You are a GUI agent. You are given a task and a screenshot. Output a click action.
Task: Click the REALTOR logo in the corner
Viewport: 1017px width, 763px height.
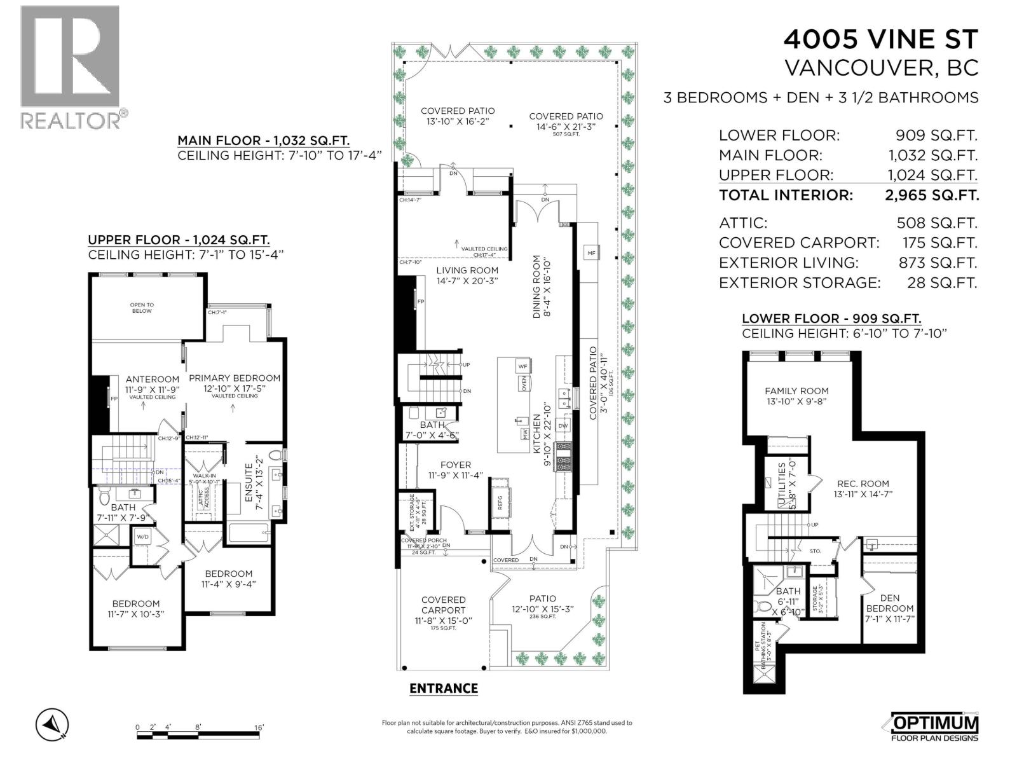click(70, 67)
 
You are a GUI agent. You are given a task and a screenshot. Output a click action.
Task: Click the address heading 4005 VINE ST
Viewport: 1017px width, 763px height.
click(880, 39)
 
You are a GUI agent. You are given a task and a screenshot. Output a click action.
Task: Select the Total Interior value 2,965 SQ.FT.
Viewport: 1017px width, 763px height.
click(931, 195)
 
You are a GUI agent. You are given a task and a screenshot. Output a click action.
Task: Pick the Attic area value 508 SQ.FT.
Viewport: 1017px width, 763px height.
click(936, 223)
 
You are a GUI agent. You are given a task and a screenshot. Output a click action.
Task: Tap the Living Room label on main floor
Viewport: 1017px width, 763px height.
click(467, 270)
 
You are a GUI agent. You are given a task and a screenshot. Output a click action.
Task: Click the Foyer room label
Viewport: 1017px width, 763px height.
click(455, 465)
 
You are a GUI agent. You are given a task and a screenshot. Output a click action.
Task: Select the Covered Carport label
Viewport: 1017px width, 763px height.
click(444, 605)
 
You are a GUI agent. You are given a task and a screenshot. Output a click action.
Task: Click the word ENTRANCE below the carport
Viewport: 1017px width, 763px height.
click(443, 688)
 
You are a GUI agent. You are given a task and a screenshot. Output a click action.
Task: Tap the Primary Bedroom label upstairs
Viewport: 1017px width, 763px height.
click(235, 378)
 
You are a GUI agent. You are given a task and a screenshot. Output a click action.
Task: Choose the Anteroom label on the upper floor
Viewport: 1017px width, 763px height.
click(153, 379)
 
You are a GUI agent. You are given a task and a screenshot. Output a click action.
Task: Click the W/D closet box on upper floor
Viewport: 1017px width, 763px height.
click(142, 537)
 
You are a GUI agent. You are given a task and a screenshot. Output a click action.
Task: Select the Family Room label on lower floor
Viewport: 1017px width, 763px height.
click(796, 391)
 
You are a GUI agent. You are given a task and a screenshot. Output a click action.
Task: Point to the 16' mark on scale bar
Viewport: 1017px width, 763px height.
click(259, 727)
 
